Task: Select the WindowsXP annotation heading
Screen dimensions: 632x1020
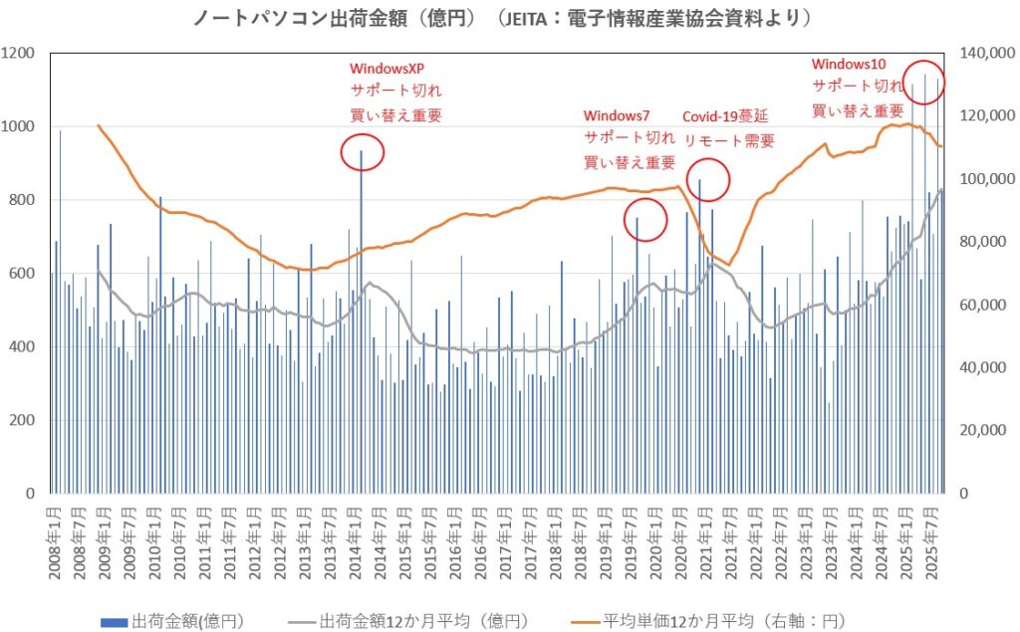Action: coord(386,69)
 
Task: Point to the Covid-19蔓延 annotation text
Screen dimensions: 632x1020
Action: coord(727,116)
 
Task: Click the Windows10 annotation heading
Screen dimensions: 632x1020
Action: coord(849,64)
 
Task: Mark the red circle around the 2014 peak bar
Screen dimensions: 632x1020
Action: coord(362,151)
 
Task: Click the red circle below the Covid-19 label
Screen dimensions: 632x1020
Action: coord(709,179)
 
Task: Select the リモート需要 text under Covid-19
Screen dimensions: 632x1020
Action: coord(728,140)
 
